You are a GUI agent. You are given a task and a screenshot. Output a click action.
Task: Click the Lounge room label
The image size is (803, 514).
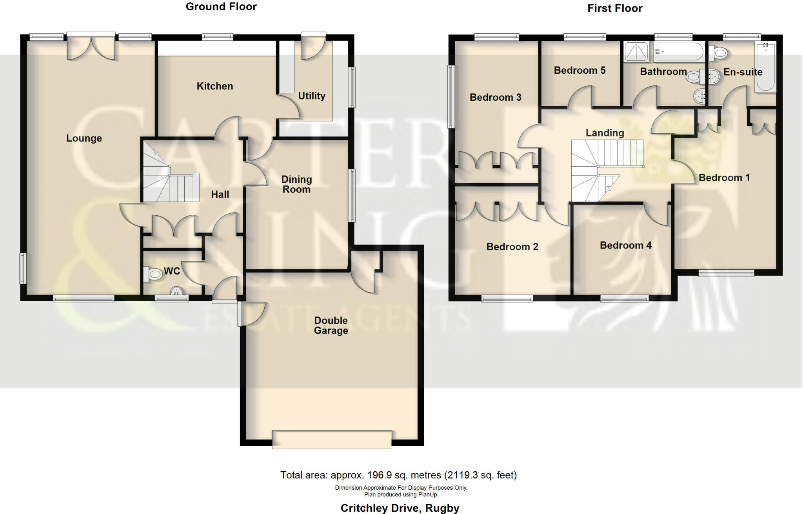pos(84,138)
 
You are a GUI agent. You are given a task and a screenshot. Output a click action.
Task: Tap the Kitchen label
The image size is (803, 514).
pos(214,86)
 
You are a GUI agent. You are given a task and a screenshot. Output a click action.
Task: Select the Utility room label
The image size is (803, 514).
pos(312,96)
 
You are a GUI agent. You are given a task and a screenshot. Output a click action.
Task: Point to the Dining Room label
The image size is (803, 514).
pos(296,184)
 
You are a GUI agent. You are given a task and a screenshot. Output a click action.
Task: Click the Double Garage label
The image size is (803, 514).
pos(331,325)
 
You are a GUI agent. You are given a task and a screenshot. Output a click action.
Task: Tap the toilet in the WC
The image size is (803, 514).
pos(153,274)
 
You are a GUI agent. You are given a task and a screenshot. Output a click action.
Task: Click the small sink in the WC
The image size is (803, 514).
pos(177,291)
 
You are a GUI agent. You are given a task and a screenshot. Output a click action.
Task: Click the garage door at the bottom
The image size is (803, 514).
pos(332,440)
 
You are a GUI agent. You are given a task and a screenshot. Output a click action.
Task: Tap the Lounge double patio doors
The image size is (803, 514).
pos(91,47)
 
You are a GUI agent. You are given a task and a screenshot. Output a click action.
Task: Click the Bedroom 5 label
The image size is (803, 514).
pos(580,71)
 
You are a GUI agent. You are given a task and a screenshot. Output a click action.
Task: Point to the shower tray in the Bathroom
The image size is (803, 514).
pos(636,52)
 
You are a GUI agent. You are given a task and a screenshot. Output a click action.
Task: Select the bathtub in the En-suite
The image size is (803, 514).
pos(765,67)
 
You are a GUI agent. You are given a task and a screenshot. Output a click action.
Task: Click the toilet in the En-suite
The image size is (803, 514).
pos(718,52)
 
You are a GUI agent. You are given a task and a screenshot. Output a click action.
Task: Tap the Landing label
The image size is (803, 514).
pos(605,133)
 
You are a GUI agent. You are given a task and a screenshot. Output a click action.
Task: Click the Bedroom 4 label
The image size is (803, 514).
pos(625,245)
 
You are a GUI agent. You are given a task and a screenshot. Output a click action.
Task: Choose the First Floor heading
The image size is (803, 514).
pos(614,8)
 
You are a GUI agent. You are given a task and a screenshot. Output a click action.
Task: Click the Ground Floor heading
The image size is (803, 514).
pos(221,7)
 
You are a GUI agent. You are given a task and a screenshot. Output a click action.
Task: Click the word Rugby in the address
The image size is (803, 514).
pos(442,508)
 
